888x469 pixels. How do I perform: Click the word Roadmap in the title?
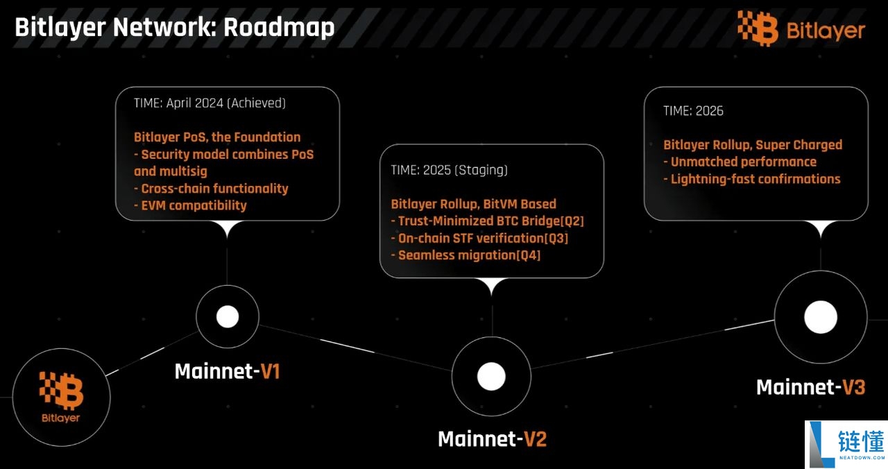279,28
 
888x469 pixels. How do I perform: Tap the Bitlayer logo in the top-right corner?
801,28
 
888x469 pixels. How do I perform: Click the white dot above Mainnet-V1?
228,317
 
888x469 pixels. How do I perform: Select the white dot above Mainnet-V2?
491,376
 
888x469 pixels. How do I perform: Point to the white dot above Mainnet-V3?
821,317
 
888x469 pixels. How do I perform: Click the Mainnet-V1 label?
228,371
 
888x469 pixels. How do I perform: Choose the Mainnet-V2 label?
493,439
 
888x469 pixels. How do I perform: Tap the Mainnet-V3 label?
811,387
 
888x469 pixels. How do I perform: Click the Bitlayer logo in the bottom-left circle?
61,397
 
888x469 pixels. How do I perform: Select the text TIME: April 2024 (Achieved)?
210,103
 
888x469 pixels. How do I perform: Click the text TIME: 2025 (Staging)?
449,170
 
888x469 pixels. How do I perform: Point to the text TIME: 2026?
693,111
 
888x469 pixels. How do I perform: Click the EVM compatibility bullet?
190,205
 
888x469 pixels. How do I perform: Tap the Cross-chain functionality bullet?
211,188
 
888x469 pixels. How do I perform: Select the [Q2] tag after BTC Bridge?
572,221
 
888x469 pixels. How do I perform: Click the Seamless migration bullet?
466,255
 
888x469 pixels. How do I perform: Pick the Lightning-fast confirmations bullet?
752,179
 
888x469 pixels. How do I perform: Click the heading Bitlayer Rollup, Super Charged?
753,145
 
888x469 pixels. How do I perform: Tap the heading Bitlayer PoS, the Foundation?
217,137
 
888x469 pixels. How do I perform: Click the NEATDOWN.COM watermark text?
862,457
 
